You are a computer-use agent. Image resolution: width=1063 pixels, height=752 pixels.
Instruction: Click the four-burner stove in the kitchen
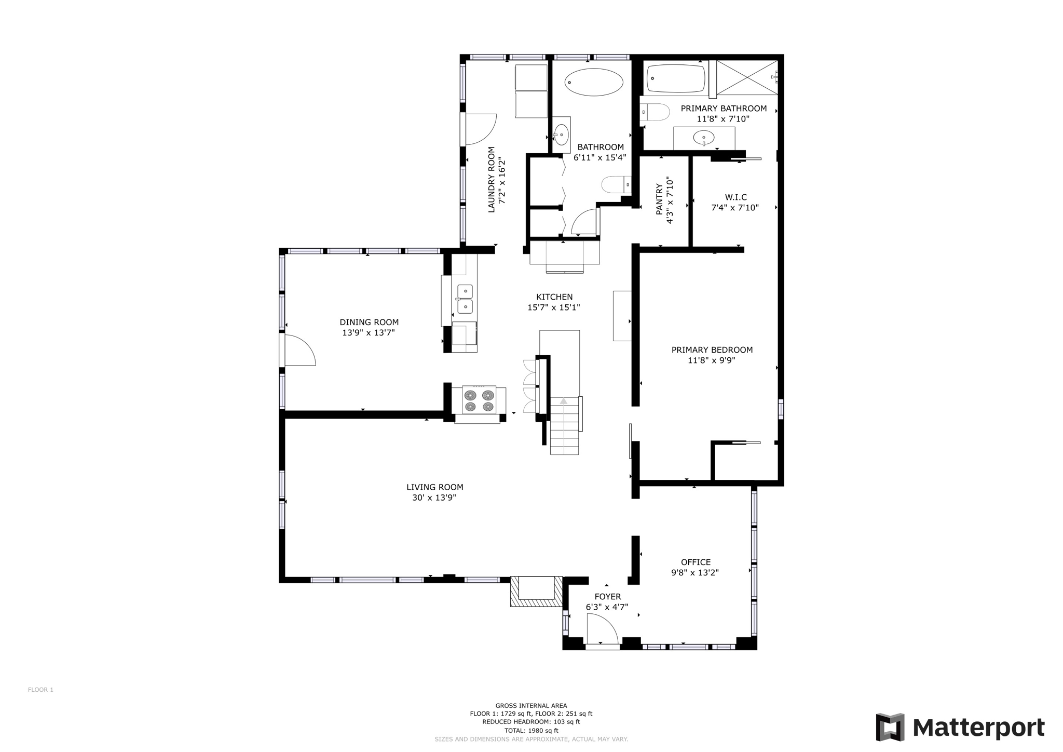479,400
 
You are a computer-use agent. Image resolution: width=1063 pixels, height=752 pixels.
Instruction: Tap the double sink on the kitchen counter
465,299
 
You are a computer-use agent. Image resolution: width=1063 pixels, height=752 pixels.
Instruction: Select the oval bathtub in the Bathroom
593,82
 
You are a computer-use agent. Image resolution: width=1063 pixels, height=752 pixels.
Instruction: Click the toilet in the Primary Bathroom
655,112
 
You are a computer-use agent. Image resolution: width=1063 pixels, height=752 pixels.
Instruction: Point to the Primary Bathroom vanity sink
703,138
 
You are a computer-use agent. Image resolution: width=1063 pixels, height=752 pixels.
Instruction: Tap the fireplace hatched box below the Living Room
536,592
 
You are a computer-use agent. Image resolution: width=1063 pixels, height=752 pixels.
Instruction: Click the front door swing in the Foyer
602,629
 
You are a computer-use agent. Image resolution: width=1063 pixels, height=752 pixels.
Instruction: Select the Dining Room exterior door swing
299,350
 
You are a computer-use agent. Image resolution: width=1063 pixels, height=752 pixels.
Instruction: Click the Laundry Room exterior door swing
480,129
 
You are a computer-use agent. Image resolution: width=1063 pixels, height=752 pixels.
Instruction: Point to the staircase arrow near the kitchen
564,401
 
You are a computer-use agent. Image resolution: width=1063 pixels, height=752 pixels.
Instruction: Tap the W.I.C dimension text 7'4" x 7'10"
734,208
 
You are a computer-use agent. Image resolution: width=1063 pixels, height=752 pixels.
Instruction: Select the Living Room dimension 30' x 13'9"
434,498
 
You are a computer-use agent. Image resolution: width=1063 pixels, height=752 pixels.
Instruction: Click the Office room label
696,562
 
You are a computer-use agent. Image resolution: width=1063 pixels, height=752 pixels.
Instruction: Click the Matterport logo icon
890,727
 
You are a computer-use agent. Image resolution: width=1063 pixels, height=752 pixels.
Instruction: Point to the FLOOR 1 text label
40,690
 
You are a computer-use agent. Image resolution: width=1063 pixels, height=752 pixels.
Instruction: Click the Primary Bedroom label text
712,350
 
